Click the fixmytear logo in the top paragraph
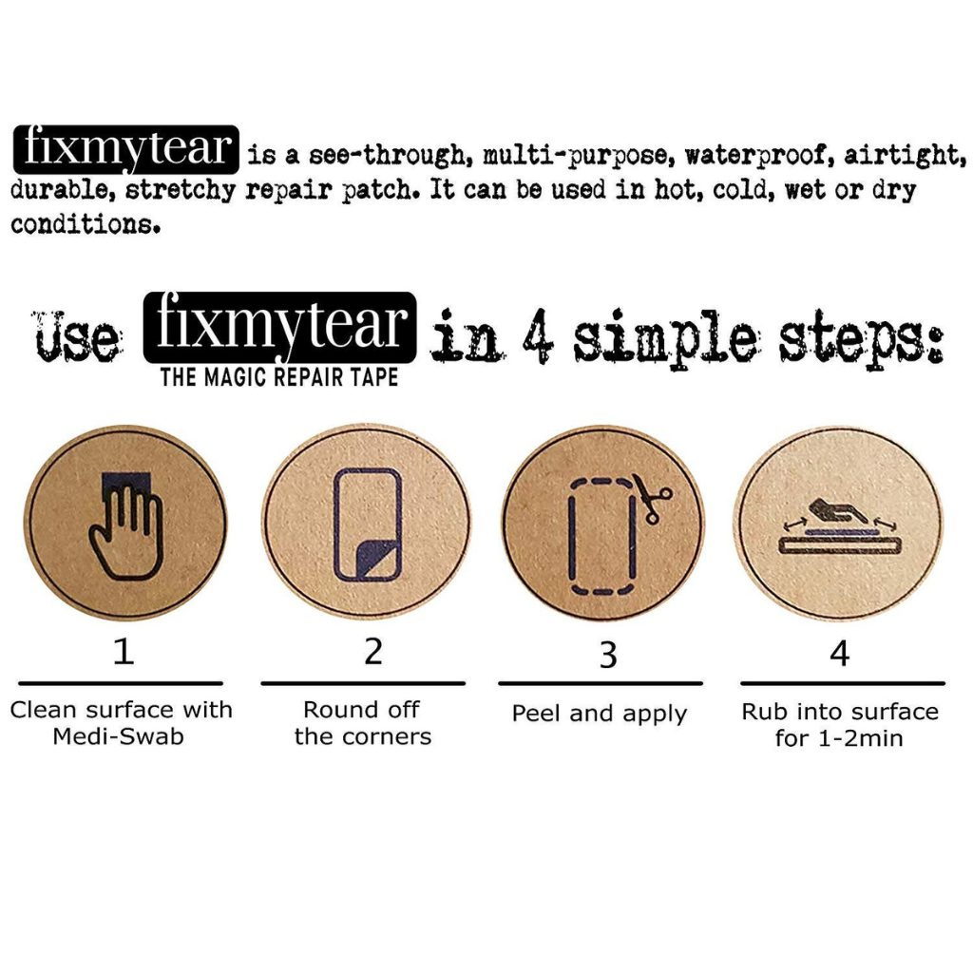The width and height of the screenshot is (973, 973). click(126, 149)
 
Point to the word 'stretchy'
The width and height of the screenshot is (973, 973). click(180, 189)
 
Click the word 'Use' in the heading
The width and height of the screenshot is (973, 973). click(78, 335)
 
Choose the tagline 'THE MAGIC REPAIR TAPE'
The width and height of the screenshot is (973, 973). click(279, 377)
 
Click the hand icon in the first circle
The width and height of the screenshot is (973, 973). click(126, 525)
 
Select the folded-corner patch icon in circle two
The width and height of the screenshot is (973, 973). click(368, 525)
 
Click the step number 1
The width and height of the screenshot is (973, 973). click(124, 652)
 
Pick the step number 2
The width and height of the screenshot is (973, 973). click(373, 652)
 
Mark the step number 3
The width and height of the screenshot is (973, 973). click(609, 655)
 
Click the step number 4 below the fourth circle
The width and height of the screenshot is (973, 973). click(840, 653)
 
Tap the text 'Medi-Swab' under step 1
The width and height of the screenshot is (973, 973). click(119, 736)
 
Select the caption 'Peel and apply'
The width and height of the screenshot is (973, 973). click(600, 715)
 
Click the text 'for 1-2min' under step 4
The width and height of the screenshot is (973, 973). click(839, 738)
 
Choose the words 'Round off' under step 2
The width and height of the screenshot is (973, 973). click(362, 709)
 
